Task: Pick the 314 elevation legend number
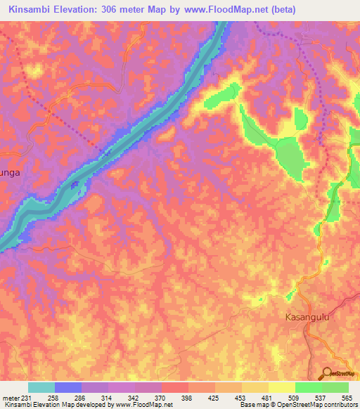point(108,397)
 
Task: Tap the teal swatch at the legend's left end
point(41,387)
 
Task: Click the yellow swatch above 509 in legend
point(282,387)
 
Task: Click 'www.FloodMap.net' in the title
point(221,10)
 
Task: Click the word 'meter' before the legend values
point(11,397)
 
